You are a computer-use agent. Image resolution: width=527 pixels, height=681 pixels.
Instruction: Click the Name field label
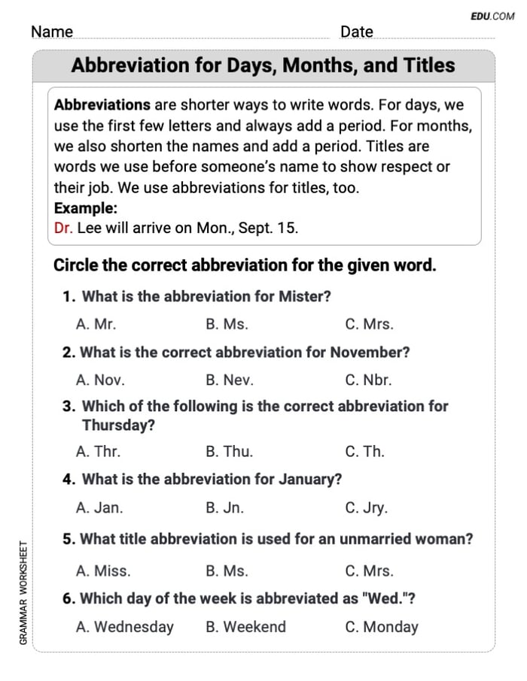(52, 32)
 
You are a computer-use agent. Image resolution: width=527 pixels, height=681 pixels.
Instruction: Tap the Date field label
(356, 32)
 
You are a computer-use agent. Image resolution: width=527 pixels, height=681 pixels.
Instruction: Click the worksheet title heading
(263, 65)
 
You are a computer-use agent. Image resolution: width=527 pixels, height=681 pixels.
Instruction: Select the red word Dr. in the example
(63, 229)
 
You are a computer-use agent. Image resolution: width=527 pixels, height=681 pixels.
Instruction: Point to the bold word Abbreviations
(102, 105)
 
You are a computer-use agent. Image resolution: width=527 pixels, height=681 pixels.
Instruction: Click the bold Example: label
(86, 208)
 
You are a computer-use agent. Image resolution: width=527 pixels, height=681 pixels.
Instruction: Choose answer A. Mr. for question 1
(96, 325)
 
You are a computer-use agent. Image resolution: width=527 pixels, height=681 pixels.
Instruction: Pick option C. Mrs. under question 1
(369, 325)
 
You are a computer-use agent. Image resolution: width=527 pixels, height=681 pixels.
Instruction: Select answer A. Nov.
(100, 380)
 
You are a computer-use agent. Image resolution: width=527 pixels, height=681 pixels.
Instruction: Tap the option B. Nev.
(230, 380)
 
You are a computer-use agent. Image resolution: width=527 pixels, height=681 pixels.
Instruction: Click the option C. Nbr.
(368, 380)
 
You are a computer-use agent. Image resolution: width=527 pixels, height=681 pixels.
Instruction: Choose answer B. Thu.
(229, 452)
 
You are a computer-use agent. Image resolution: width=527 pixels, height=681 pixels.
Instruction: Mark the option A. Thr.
(98, 452)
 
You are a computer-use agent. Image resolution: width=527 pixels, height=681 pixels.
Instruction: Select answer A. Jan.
(99, 507)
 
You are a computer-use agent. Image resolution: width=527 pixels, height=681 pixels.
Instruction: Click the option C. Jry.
(367, 507)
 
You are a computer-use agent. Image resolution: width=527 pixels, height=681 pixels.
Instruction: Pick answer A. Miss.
(103, 571)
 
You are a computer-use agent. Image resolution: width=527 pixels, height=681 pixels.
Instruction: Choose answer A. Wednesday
(125, 626)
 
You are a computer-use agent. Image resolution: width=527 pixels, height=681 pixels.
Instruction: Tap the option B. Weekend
(245, 626)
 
